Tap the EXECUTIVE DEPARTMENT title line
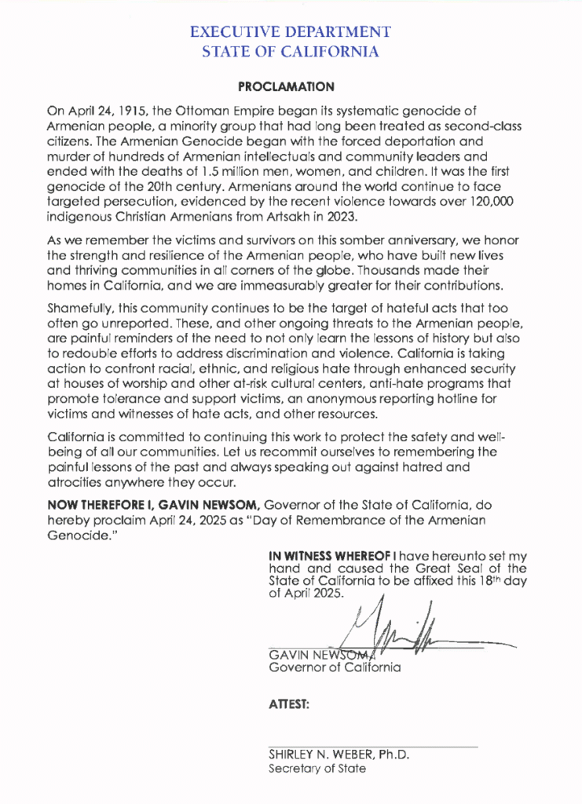click(291, 32)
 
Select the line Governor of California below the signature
click(335, 667)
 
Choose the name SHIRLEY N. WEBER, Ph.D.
click(339, 754)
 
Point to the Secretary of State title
click(317, 769)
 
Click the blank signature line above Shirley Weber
click(372, 745)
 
